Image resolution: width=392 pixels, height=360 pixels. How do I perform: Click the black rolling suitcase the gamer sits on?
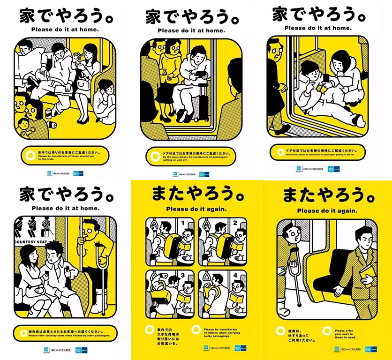[x=201, y=105]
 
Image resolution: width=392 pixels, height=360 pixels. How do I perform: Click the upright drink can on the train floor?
[x=49, y=113]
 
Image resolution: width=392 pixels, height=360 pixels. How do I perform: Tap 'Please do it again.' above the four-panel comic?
[x=196, y=209]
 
